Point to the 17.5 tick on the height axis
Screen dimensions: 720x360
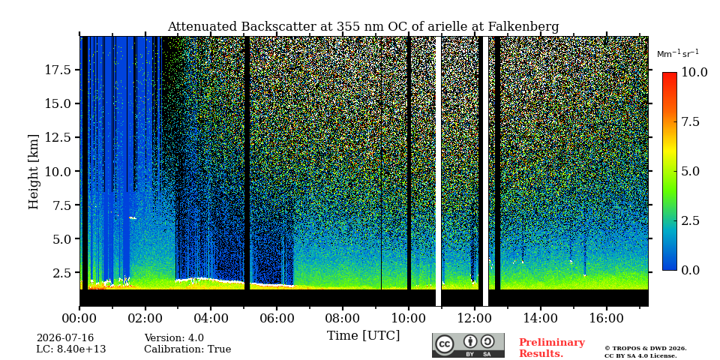point(58,70)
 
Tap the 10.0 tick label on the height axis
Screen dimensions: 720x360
point(58,171)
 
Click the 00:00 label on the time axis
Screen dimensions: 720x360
point(80,318)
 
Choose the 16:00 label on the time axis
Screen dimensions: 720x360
point(607,318)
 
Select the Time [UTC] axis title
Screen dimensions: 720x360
point(363,336)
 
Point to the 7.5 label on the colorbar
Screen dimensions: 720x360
point(688,121)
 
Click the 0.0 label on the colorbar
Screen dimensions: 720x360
point(688,271)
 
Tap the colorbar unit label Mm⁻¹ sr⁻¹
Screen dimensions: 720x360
point(678,54)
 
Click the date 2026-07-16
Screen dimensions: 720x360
point(65,338)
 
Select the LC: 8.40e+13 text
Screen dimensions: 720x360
point(71,349)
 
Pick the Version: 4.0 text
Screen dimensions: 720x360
point(174,338)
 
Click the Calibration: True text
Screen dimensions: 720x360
point(187,349)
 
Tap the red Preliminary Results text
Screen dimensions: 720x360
point(552,348)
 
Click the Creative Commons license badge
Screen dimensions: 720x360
point(468,345)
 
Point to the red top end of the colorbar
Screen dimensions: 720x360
point(670,73)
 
